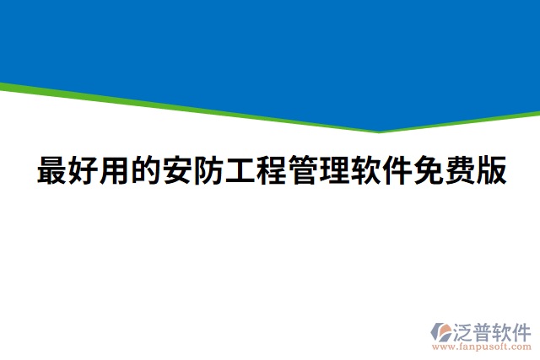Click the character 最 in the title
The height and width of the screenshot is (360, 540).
[x=52, y=171]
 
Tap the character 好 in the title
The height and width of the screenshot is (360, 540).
[x=84, y=171]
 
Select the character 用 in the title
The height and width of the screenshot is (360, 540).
[x=116, y=171]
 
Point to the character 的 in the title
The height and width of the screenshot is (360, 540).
[x=147, y=171]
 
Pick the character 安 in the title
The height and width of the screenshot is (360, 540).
[x=178, y=171]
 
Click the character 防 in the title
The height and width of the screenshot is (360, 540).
[x=209, y=171]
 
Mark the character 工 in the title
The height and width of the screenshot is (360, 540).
[x=240, y=171]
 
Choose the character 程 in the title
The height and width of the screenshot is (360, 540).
[x=272, y=171]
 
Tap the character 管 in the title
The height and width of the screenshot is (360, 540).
[x=303, y=171]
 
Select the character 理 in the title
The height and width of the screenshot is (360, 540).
[x=334, y=171]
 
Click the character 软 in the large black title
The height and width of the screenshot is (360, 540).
[x=365, y=171]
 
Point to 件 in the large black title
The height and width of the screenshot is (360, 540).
[x=397, y=171]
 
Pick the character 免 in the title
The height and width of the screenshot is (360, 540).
[x=428, y=171]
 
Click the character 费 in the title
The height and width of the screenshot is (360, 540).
[x=459, y=171]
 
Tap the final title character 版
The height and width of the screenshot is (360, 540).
[x=490, y=171]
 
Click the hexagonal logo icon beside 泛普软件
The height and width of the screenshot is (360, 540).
[x=440, y=331]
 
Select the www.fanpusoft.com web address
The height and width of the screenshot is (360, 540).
[x=482, y=346]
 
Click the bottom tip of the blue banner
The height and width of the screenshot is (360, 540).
[x=379, y=131]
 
